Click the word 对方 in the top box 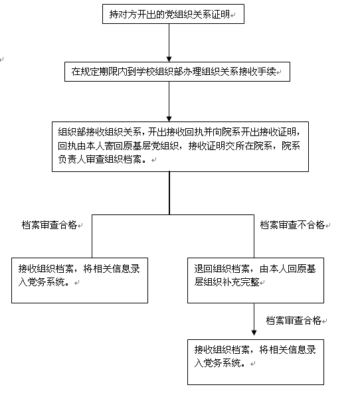(x=128, y=14)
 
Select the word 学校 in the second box (x=145, y=72)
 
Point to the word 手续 (x=266, y=72)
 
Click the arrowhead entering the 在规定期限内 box (x=169, y=59)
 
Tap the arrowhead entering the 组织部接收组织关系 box (x=169, y=119)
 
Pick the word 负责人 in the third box (x=72, y=159)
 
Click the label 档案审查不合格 (x=292, y=225)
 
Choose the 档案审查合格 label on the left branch (x=49, y=225)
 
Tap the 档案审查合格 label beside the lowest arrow (x=294, y=321)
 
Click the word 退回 (x=203, y=269)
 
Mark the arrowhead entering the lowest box (x=254, y=333)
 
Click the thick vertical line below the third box (x=169, y=193)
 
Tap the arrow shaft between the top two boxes (x=169, y=40)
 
